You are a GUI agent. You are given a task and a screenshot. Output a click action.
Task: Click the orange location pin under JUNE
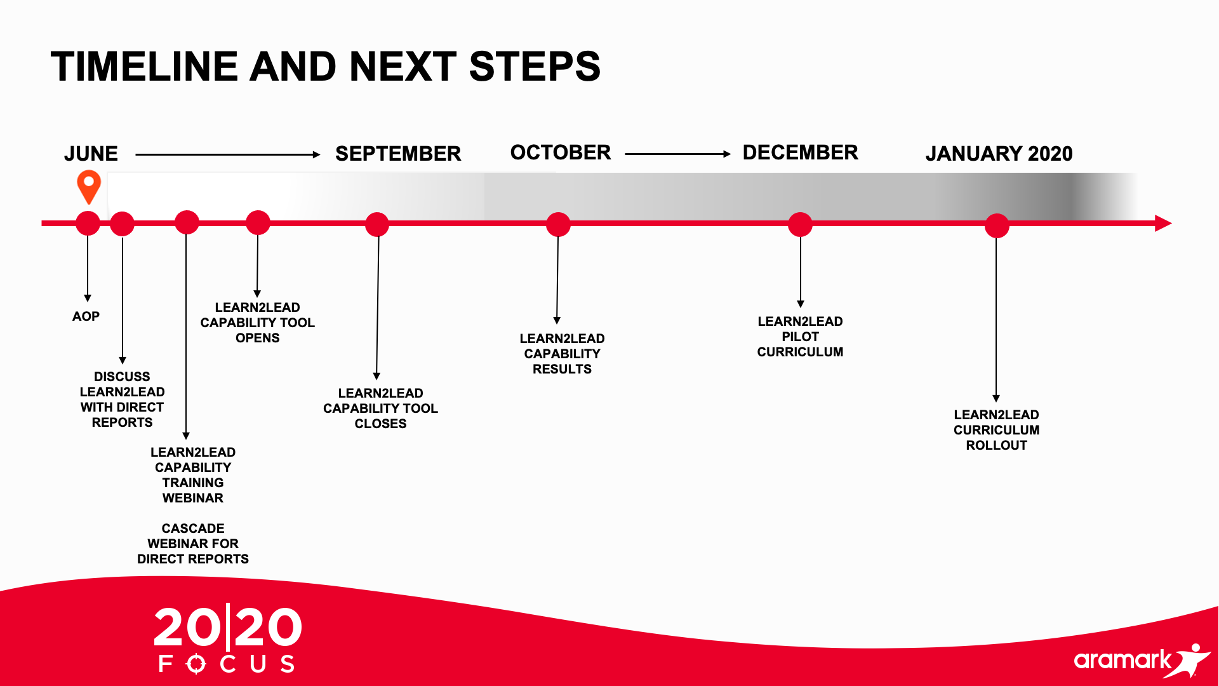[x=89, y=185]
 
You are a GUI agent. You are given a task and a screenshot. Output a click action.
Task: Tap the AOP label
[x=86, y=316]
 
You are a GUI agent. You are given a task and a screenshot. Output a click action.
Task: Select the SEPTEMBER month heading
[x=398, y=154]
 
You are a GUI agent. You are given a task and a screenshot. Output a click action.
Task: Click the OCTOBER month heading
[x=561, y=152]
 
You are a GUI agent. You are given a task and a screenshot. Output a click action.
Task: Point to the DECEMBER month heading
[x=800, y=152]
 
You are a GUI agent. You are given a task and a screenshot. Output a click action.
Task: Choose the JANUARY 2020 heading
[x=999, y=154]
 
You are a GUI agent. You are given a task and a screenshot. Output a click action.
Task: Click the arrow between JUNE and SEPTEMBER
[x=228, y=154]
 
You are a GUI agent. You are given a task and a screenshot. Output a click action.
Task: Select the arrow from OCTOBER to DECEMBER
[x=678, y=154]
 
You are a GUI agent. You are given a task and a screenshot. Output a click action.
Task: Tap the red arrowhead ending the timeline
[x=1163, y=223]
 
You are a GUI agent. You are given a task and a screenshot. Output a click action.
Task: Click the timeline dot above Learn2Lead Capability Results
[x=558, y=224]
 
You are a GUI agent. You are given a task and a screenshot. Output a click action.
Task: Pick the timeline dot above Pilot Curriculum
[x=800, y=224]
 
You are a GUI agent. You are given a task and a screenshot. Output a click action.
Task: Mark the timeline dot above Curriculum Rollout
[x=997, y=225]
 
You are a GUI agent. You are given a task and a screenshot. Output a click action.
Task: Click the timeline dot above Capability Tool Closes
[x=377, y=224]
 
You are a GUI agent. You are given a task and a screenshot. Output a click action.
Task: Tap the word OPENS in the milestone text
[x=257, y=338]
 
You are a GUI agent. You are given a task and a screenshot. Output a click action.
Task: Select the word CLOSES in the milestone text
[x=380, y=424]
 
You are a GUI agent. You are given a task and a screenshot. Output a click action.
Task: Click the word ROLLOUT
[x=996, y=445]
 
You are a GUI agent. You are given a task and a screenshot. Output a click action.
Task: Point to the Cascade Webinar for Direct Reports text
[x=193, y=544]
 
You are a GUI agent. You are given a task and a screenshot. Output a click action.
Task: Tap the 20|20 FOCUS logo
[x=227, y=638]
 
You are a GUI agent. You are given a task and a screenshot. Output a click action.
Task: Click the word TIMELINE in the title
[x=145, y=66]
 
